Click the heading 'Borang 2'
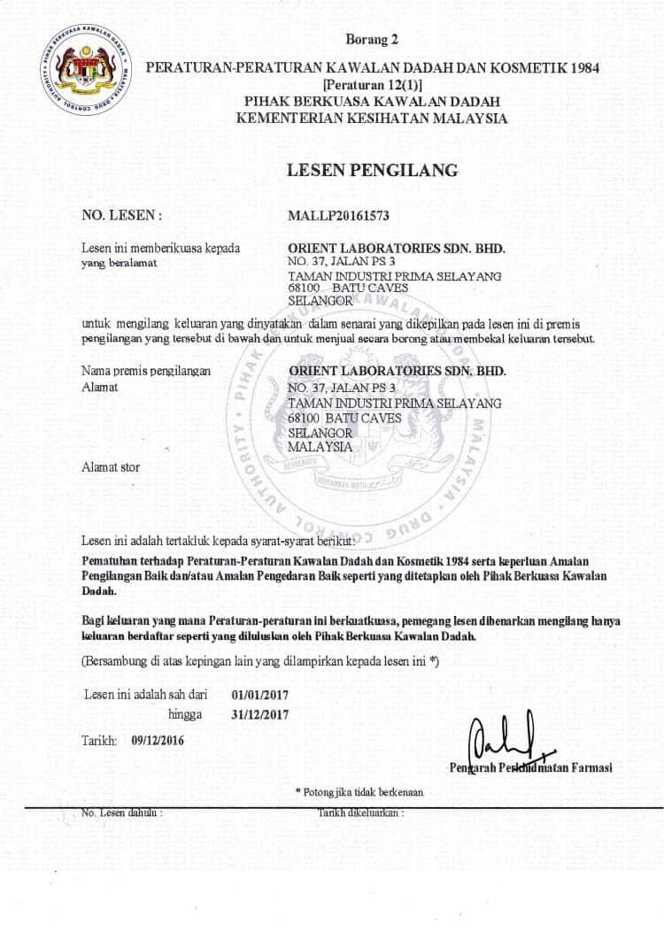372,39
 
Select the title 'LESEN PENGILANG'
372,170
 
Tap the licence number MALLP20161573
339,215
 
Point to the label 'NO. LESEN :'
121,215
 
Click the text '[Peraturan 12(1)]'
372,84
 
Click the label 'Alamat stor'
110,466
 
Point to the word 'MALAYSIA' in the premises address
320,447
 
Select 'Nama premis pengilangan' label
145,372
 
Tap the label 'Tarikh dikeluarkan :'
360,812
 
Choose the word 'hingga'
185,714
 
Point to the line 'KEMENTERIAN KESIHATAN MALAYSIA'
372,119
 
